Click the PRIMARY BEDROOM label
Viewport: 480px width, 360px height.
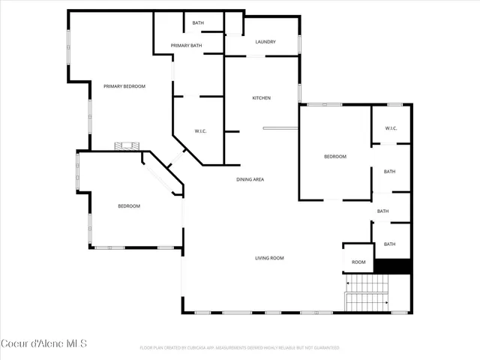124,86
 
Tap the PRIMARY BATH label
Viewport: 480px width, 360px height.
186,46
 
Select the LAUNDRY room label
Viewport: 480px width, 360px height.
265,42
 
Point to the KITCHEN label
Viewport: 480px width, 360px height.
261,98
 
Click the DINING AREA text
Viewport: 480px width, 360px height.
250,179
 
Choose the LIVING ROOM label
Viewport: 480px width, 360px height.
269,258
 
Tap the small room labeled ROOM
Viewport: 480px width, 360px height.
358,262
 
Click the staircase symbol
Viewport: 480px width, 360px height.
367,292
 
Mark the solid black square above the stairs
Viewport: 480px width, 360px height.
392,266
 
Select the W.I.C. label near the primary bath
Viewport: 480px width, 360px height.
200,131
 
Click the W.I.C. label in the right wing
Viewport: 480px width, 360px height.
391,128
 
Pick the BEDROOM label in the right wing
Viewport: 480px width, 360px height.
334,157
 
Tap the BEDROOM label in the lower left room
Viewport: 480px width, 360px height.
128,205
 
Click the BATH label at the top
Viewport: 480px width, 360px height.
198,23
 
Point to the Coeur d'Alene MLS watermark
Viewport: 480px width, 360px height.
43,344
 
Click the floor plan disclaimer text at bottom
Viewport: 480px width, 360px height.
240,348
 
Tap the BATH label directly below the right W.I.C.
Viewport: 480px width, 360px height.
389,172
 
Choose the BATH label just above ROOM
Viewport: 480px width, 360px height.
389,244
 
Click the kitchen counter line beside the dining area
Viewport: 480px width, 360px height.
280,129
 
